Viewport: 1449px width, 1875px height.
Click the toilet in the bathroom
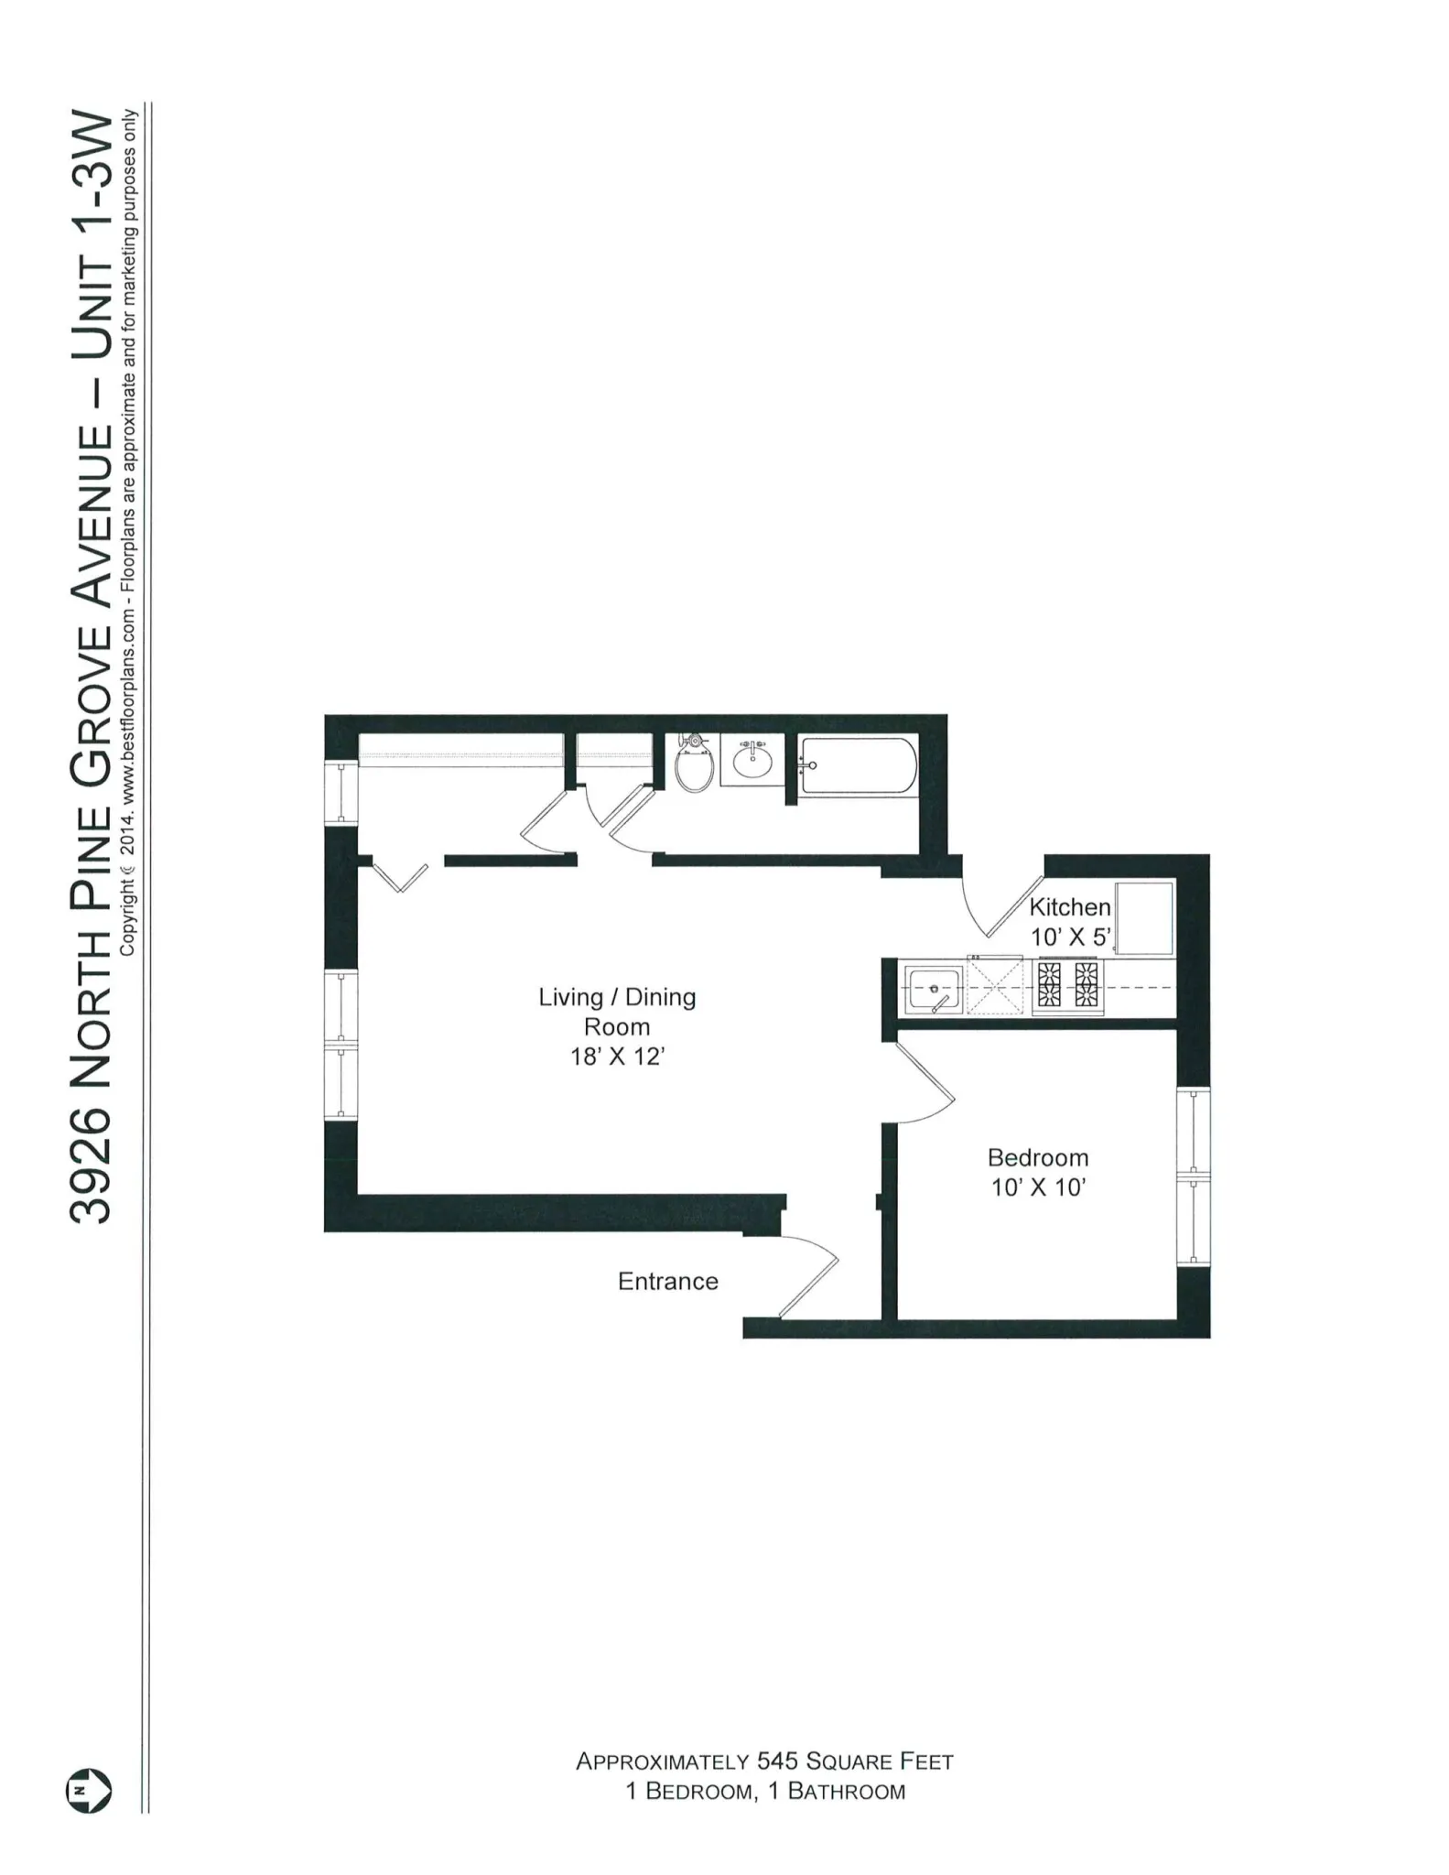point(695,767)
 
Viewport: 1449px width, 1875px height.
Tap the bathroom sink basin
point(752,760)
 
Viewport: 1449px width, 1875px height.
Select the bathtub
point(857,765)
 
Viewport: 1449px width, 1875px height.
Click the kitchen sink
point(933,989)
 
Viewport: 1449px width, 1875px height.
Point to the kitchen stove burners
point(1067,985)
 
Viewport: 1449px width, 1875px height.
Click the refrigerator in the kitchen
point(1143,917)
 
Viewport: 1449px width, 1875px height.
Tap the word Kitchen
point(1069,907)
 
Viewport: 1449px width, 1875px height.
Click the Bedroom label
point(1037,1157)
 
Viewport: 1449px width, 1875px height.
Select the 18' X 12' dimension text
point(617,1057)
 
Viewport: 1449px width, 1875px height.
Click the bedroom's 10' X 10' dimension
point(1038,1187)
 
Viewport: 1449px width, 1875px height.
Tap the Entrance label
point(667,1281)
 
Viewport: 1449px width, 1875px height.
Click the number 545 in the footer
point(777,1761)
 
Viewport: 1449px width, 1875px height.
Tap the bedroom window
point(1193,1176)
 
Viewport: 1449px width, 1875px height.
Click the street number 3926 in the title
point(91,1166)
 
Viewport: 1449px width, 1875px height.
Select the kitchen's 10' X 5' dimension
point(1070,937)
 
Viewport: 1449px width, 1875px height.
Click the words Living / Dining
point(617,997)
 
